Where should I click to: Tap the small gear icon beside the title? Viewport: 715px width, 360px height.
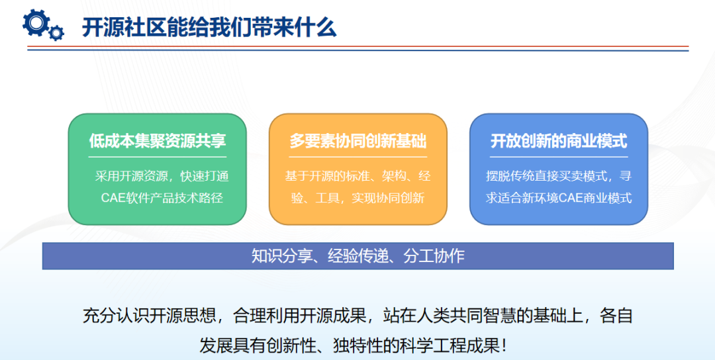tap(57, 32)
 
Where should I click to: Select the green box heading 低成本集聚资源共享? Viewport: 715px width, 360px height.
tap(158, 141)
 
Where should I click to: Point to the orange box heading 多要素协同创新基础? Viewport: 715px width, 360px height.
tap(358, 141)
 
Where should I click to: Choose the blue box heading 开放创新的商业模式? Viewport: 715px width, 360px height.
tap(558, 141)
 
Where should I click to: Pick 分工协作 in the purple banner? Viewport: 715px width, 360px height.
tap(438, 256)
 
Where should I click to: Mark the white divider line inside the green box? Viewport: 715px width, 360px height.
tap(158, 157)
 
